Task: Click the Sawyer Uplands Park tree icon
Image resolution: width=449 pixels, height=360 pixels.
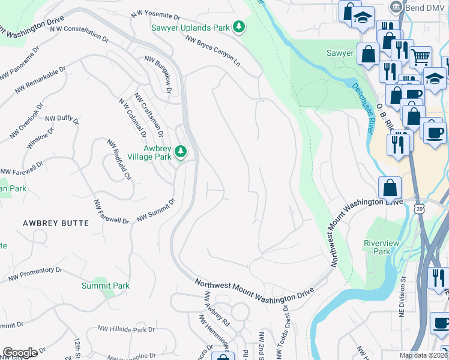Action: tap(240, 26)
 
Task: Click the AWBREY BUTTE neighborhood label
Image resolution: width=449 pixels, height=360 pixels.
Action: tap(55, 223)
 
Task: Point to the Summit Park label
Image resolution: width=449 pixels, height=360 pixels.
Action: tap(106, 286)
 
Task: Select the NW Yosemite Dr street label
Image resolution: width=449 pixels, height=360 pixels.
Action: tap(155, 16)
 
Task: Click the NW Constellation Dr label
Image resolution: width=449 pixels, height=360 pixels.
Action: tap(79, 33)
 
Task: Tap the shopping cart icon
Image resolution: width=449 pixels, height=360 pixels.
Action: tap(421, 58)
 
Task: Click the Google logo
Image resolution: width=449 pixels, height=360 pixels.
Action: tap(20, 353)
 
